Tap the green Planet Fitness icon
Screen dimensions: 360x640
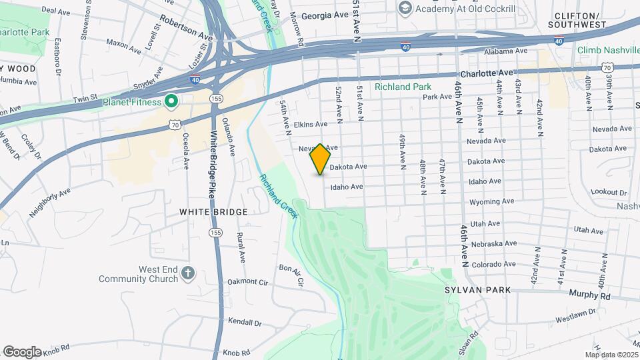[171, 102]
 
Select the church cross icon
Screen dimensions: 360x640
[189, 273]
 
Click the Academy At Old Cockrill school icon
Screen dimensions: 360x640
[405, 8]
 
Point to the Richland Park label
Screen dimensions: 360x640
[402, 87]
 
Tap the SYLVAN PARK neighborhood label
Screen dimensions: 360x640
[477, 290]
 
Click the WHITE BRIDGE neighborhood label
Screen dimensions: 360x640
[213, 212]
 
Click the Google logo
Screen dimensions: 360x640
[22, 351]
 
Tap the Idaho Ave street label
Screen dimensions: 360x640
[347, 187]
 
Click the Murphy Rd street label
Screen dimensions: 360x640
[589, 295]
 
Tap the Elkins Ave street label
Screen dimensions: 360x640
[312, 124]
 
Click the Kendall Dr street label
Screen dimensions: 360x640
[245, 323]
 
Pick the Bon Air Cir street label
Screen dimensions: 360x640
[291, 275]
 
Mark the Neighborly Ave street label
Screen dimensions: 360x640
[50, 203]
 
